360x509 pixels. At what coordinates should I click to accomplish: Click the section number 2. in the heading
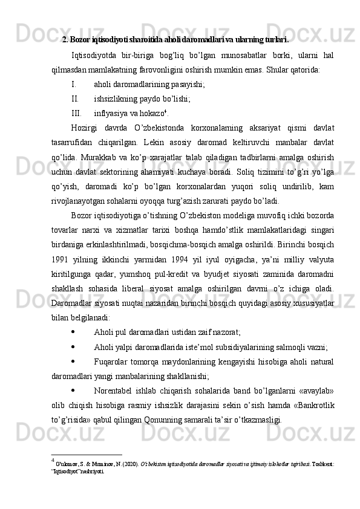point(65,41)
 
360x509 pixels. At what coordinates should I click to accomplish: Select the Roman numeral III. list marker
point(76,112)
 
